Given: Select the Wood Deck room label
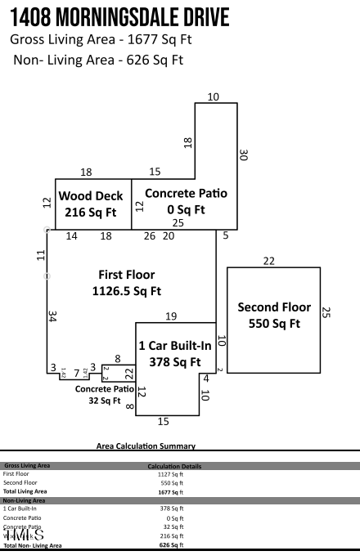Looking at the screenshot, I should (x=91, y=196).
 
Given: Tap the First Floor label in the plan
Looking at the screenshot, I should (x=127, y=275).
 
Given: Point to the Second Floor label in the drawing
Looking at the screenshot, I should (x=274, y=307).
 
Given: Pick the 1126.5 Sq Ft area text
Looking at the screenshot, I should (x=127, y=290).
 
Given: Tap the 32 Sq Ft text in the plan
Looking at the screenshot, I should (x=105, y=401).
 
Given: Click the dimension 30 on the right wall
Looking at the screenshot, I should (x=244, y=154).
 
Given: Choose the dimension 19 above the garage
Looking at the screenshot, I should (x=171, y=316).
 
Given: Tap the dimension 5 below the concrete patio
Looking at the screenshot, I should (x=226, y=236).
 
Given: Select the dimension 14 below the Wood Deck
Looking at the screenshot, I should (x=72, y=236).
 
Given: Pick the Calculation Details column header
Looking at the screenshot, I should (x=173, y=466).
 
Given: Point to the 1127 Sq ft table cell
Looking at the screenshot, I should (x=171, y=474).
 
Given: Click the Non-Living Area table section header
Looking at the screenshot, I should (x=24, y=500).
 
